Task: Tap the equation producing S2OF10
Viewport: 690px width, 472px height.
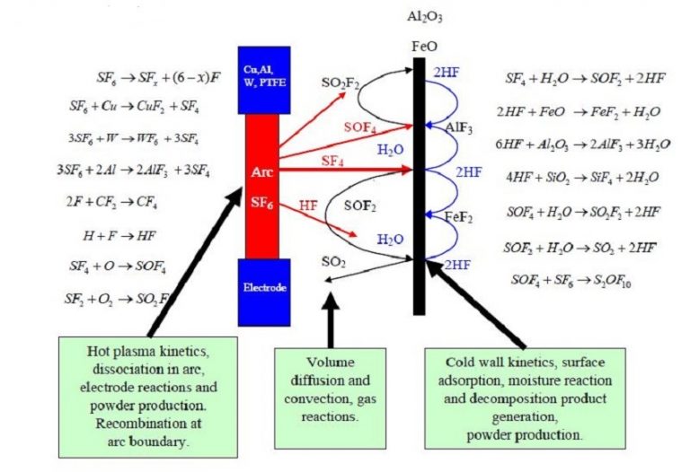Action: [x=571, y=280]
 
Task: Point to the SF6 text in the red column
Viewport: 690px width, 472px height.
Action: [x=262, y=205]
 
